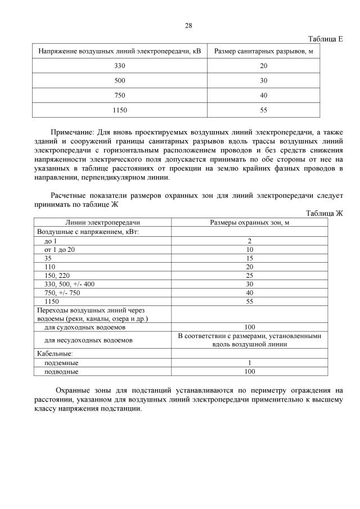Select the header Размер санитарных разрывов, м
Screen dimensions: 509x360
click(x=263, y=51)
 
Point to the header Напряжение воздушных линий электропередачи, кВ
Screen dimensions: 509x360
click(x=119, y=51)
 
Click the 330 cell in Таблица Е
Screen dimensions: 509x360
click(x=119, y=66)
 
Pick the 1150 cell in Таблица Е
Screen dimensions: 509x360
click(x=119, y=110)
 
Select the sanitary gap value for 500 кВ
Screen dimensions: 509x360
click(x=263, y=81)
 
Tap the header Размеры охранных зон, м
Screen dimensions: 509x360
click(x=249, y=223)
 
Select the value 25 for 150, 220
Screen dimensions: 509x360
click(x=250, y=275)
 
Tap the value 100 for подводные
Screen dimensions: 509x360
click(x=250, y=371)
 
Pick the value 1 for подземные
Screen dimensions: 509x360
click(x=250, y=363)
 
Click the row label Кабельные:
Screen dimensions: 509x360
click(x=55, y=353)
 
